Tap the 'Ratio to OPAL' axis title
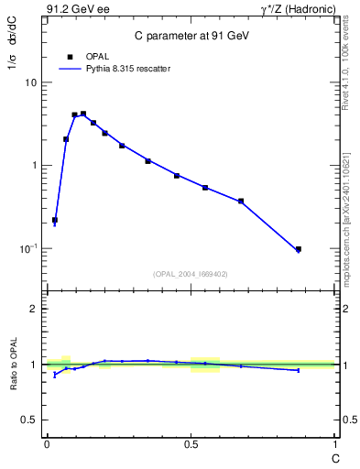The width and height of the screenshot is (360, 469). pos(13,365)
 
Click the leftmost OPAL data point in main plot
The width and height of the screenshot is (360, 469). pos(55,220)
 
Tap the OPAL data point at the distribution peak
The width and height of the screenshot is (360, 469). pos(83,114)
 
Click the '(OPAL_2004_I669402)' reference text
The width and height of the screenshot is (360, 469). pos(191,274)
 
